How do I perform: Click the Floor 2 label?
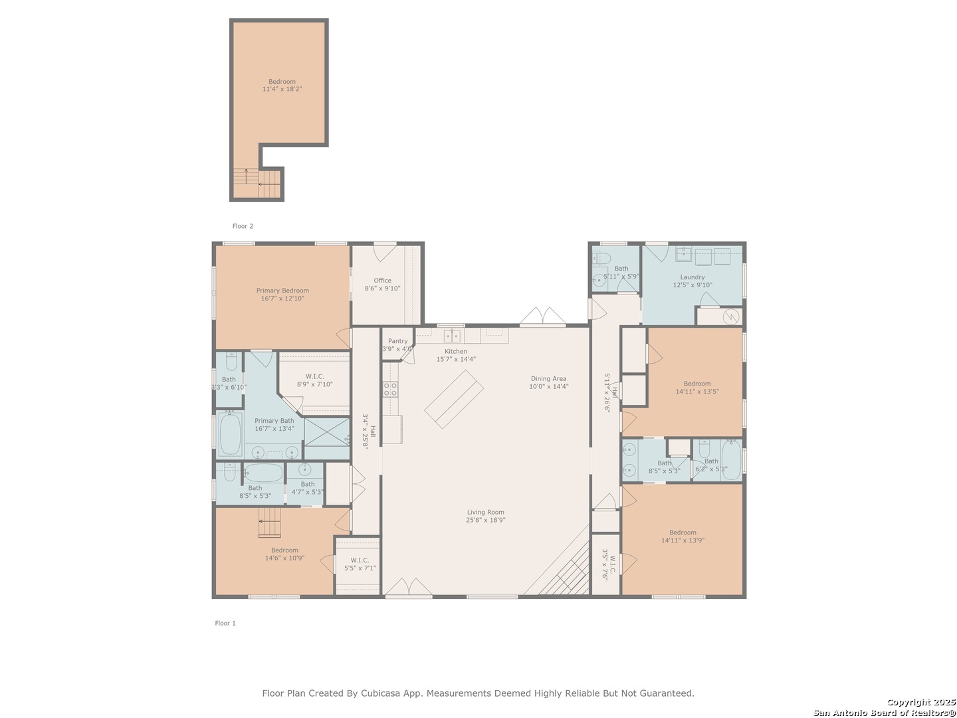[243, 226]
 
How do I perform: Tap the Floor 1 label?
[225, 623]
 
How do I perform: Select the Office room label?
[382, 281]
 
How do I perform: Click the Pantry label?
[397, 341]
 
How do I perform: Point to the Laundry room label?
[692, 277]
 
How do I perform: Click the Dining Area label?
[548, 378]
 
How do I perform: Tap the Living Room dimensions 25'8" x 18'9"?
[485, 520]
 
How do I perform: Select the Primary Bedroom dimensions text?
[282, 299]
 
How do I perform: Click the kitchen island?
[454, 399]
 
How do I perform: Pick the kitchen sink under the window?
[452, 336]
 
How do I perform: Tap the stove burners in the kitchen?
[390, 389]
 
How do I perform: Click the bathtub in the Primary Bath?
[230, 433]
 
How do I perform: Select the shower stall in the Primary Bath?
[326, 431]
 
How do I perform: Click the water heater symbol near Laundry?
[730, 316]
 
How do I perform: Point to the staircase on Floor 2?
[257, 183]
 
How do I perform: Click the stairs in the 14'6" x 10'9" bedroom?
[269, 522]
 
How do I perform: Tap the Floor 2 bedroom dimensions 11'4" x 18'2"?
[282, 89]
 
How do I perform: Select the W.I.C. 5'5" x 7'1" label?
[360, 564]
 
